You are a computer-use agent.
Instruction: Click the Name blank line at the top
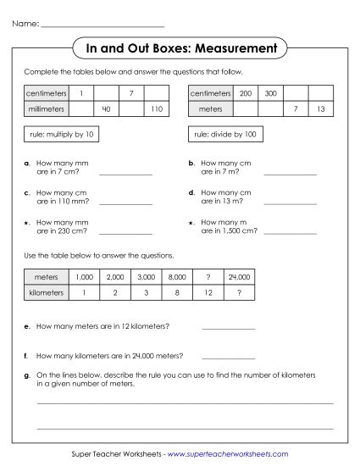(102, 25)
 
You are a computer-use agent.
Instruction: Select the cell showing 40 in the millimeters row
(106, 108)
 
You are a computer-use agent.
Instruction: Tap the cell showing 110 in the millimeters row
(156, 108)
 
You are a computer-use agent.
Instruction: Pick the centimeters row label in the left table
(47, 92)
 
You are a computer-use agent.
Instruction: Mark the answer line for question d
(291, 203)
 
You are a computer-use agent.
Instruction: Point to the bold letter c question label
(28, 192)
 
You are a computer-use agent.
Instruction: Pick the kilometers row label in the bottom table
(47, 291)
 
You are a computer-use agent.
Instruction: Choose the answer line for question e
(228, 327)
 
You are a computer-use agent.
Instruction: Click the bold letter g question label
(28, 374)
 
